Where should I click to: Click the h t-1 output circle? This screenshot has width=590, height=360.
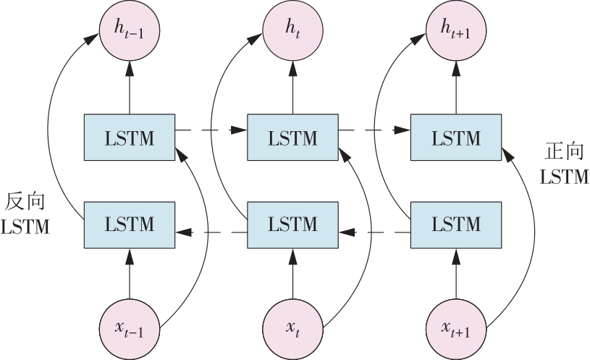pos(130,30)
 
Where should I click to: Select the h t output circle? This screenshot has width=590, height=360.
pos(292,30)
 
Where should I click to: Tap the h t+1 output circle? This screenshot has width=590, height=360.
pos(456,30)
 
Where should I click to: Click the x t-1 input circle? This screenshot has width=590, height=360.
pos(130,330)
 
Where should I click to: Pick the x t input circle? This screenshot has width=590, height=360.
pos(292,330)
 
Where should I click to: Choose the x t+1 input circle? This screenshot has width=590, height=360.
pos(456,330)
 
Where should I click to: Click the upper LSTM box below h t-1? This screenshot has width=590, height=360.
pos(130,138)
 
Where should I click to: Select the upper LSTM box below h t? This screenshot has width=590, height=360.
pos(292,138)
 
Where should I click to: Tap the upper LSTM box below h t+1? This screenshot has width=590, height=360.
pos(456,138)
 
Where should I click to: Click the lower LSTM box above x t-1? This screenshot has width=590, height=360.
pos(130,225)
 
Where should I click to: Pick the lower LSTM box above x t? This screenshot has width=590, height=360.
pos(292,225)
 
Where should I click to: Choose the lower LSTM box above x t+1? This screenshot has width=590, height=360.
pos(456,225)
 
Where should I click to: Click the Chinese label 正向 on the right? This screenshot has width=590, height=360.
pos(564,152)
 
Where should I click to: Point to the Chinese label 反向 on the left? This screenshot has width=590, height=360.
pos(25,201)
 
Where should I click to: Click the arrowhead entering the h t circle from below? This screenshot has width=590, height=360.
pos(292,69)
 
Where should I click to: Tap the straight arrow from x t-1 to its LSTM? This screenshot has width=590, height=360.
pos(130,274)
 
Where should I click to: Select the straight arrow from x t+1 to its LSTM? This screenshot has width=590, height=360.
pos(456,274)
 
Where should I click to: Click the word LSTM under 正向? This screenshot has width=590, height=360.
pos(564,177)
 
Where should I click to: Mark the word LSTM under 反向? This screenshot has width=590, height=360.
pos(25,227)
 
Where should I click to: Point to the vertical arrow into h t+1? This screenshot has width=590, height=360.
pos(456,88)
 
